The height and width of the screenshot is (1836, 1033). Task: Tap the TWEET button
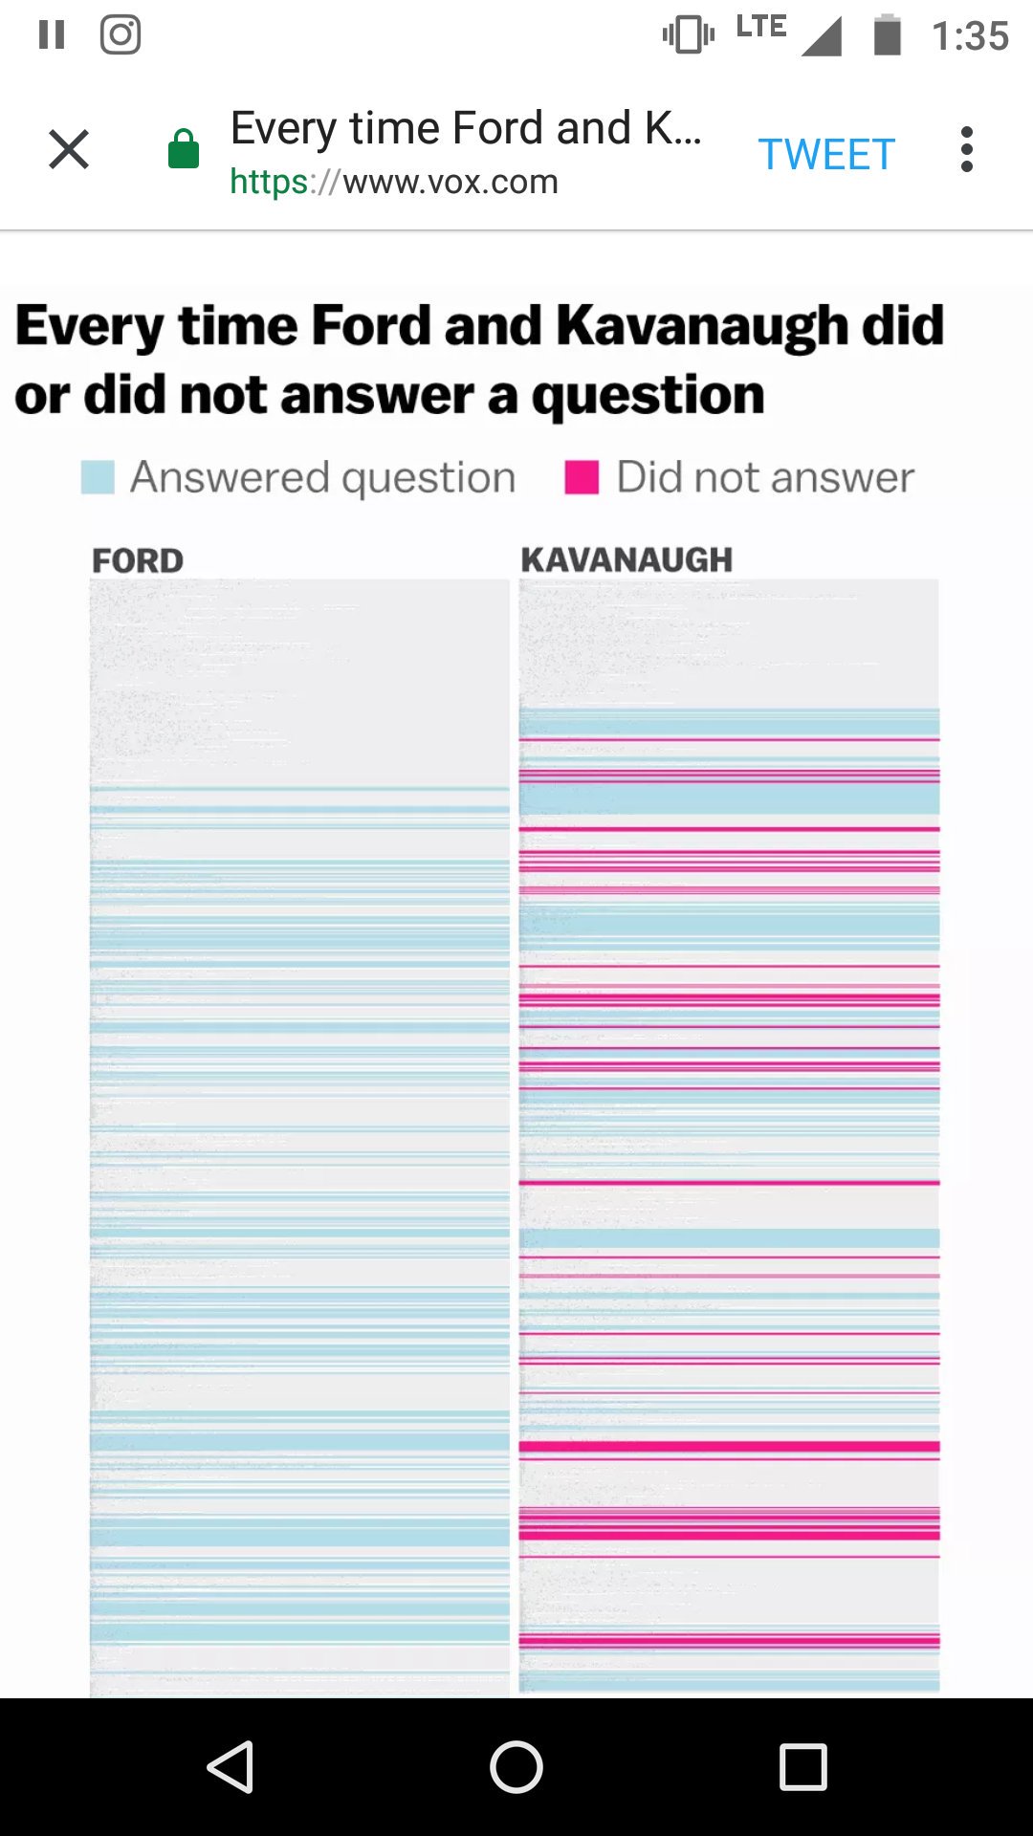coord(826,154)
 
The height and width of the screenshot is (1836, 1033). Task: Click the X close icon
coord(69,150)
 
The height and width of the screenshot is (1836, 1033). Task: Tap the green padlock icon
coord(184,150)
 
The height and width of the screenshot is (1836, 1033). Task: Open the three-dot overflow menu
coord(967,150)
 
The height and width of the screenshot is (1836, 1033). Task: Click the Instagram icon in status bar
coord(121,35)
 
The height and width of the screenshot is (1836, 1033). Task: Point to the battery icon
coord(888,35)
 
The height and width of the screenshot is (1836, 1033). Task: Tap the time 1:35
coord(970,36)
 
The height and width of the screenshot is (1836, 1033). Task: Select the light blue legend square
coord(98,477)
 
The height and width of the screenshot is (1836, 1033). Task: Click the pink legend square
coord(582,477)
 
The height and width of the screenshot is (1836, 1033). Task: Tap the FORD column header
coord(138,560)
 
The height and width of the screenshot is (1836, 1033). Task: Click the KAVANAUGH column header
coord(626,559)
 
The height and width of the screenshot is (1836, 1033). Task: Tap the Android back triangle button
coord(231,1766)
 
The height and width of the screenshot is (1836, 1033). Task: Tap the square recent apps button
coord(802,1766)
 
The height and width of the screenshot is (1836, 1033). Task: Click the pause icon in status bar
coord(52,35)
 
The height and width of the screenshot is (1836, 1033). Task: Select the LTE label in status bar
coord(761,27)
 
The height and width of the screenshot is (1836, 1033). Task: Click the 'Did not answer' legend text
coord(765,477)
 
